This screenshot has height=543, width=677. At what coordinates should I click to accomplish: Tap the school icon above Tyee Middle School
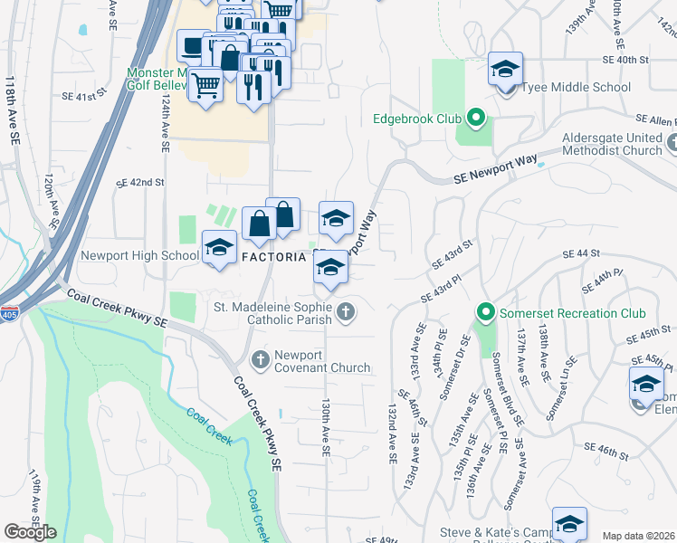[505, 68]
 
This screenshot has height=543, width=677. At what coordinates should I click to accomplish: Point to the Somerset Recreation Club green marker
[486, 313]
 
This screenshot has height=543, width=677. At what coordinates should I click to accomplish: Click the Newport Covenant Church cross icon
[261, 360]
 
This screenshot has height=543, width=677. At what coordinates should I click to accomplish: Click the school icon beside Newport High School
[218, 247]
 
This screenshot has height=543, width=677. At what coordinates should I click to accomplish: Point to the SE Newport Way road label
[488, 178]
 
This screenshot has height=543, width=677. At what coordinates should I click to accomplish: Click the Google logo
[30, 532]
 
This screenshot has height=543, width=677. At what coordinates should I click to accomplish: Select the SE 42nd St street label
[140, 182]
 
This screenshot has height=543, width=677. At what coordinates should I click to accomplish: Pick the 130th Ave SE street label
[324, 429]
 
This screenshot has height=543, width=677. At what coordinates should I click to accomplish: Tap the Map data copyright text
[638, 536]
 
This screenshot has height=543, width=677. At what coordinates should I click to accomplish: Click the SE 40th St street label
[626, 59]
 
